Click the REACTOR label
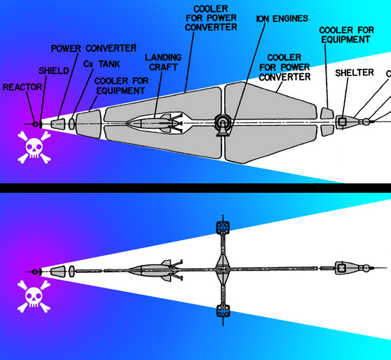coord(22,87)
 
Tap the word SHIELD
coord(53,71)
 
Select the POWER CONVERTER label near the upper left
coord(94,48)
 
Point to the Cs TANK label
coord(102,64)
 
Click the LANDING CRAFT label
coord(164,62)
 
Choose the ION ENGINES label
coord(283,19)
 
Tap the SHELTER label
coord(355,73)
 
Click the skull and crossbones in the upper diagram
coord(34,147)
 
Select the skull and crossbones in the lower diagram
coord(34,296)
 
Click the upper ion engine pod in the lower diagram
coord(223,227)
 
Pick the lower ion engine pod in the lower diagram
coord(223,311)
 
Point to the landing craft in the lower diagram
coord(155,270)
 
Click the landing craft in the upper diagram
coord(155,123)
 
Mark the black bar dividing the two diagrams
coord(195,188)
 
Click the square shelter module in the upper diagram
coord(342,122)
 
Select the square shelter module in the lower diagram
coord(342,268)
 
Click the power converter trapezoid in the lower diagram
coord(58,271)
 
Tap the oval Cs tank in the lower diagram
coord(72,271)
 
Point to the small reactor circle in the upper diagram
coord(35,124)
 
